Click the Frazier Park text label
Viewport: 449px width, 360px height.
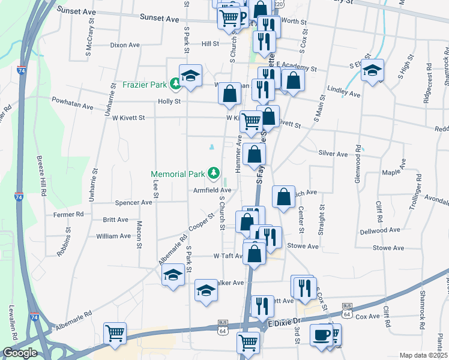click(x=145, y=85)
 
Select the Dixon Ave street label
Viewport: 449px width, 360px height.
click(x=125, y=45)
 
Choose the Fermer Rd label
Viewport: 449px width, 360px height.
click(x=68, y=214)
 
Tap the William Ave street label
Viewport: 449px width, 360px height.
click(x=113, y=236)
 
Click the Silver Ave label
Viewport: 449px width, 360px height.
click(x=333, y=154)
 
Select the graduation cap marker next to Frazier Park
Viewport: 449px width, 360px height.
click(x=191, y=76)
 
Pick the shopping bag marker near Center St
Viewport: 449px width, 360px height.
click(x=283, y=196)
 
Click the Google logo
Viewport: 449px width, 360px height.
click(x=20, y=353)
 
